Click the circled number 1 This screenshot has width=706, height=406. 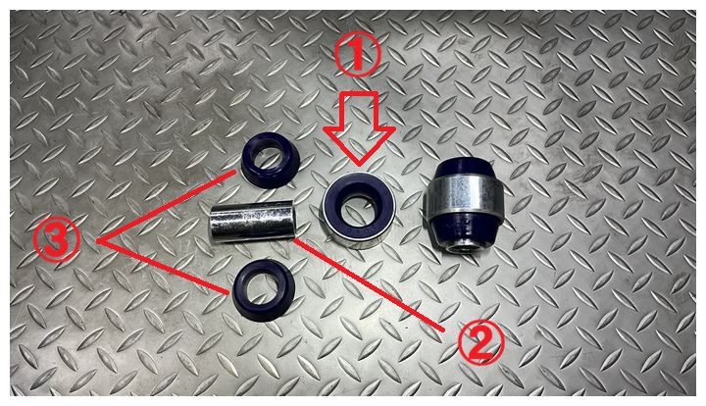click(358, 55)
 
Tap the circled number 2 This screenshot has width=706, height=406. click(480, 343)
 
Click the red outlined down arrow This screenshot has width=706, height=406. click(359, 128)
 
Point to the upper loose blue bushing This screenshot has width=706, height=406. click(270, 160)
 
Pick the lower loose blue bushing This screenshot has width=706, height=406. click(264, 289)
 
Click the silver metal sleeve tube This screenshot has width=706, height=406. click(252, 222)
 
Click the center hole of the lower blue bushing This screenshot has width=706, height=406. click(262, 284)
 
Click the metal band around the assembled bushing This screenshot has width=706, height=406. click(465, 195)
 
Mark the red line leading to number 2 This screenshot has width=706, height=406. click(369, 285)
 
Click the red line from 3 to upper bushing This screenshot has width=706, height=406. click(166, 206)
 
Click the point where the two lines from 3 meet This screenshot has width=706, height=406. click(98, 241)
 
